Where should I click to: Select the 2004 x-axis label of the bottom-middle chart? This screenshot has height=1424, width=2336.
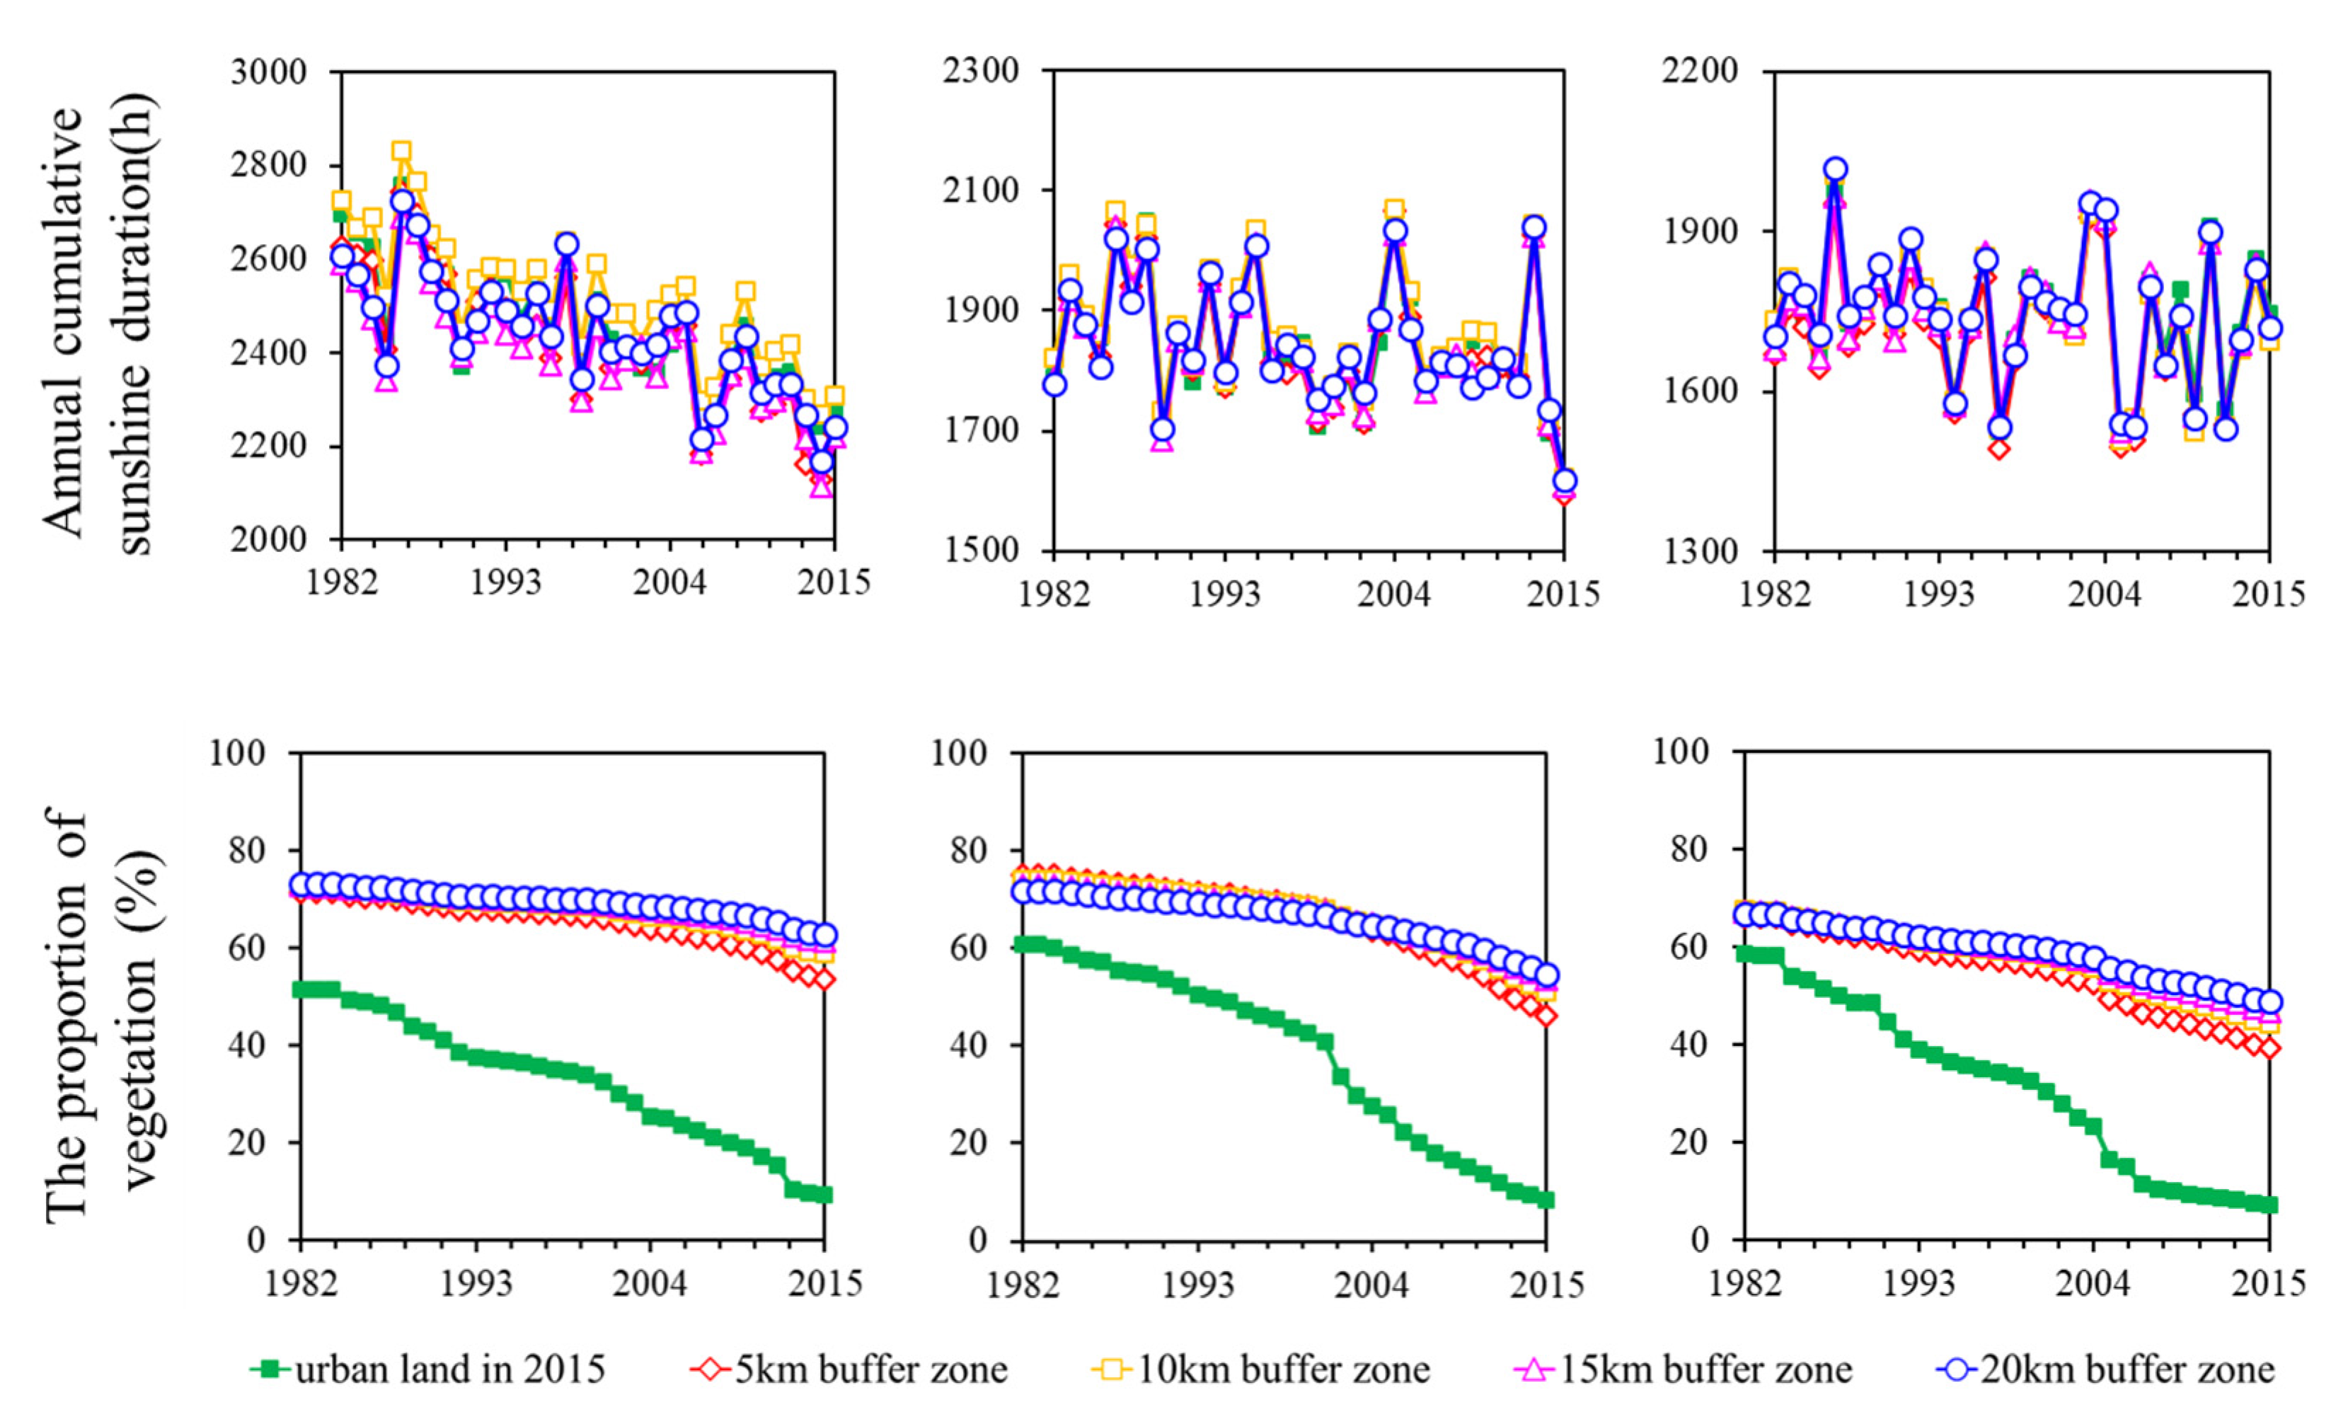[1371, 1285]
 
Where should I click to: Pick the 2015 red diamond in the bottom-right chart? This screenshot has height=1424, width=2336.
[2269, 1047]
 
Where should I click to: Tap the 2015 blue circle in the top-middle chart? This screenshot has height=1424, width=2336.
[1564, 481]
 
